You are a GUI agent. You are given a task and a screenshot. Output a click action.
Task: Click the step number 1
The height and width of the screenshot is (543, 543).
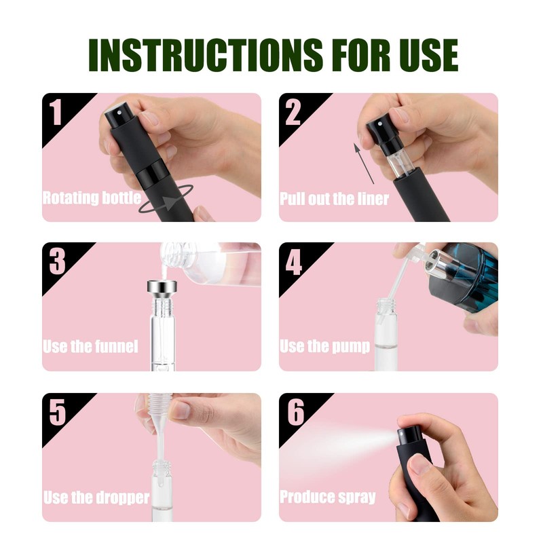(56, 113)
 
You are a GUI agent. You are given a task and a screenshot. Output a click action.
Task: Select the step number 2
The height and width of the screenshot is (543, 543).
(293, 113)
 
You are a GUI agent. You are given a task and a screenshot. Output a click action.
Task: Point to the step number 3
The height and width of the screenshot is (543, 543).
(56, 262)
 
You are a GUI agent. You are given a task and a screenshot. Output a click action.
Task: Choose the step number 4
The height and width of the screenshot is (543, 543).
(293, 262)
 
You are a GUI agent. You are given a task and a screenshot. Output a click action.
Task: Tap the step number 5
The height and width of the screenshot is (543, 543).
(56, 413)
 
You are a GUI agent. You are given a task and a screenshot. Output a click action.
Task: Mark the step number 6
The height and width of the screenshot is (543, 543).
(293, 413)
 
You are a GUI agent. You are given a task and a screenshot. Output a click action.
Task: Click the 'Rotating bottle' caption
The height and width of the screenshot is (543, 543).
(92, 198)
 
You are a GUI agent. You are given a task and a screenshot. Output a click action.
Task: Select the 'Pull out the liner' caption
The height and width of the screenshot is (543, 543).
(335, 198)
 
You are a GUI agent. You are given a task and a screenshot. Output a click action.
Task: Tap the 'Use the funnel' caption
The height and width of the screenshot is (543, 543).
(90, 347)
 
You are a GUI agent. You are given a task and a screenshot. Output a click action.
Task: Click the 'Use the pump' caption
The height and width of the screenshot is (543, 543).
(325, 347)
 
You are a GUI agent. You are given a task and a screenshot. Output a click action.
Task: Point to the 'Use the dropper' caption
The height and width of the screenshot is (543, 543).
(96, 498)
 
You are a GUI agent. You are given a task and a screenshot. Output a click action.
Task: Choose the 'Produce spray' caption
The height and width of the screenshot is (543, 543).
(328, 498)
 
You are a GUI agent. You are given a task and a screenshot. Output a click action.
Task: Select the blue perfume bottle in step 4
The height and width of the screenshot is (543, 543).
(468, 275)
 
